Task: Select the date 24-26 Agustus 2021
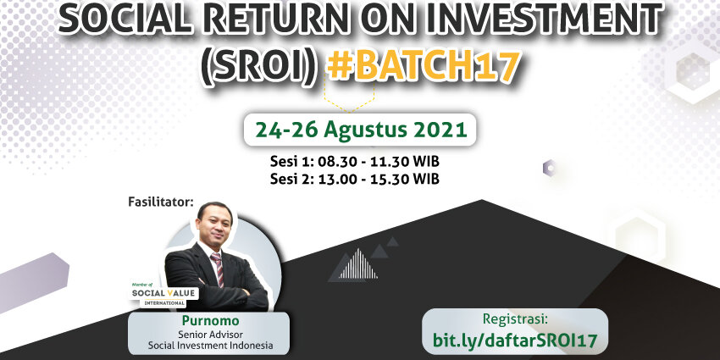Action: click(362, 130)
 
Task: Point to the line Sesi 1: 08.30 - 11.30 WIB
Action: click(354, 162)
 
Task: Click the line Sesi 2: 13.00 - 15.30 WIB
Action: click(354, 179)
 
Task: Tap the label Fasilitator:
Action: click(161, 202)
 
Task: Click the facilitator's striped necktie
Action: click(217, 269)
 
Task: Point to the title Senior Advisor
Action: click(210, 335)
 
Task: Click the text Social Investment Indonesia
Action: click(210, 346)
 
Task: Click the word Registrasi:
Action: click(515, 319)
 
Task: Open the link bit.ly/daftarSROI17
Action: click(515, 341)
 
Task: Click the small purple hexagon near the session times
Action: click(549, 168)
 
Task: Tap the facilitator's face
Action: click(214, 225)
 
